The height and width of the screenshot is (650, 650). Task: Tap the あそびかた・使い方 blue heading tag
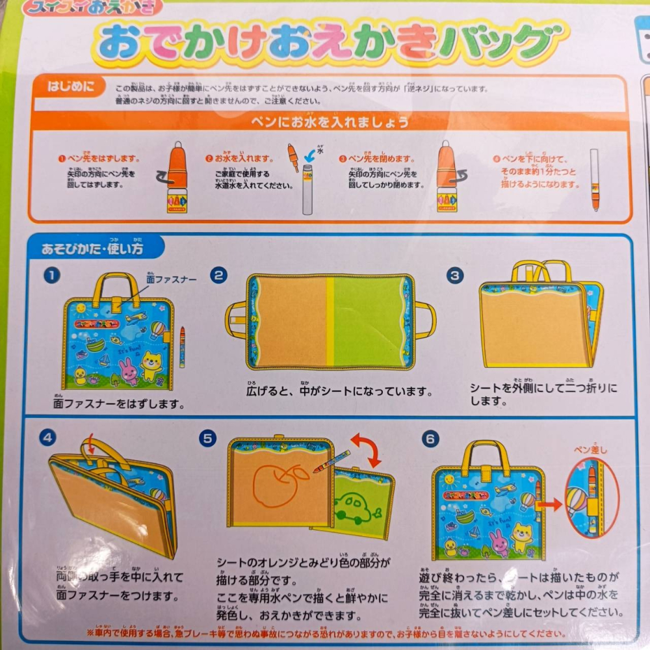tap(92, 248)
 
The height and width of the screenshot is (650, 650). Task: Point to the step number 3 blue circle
tap(455, 275)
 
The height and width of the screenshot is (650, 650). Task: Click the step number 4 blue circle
tap(47, 437)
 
